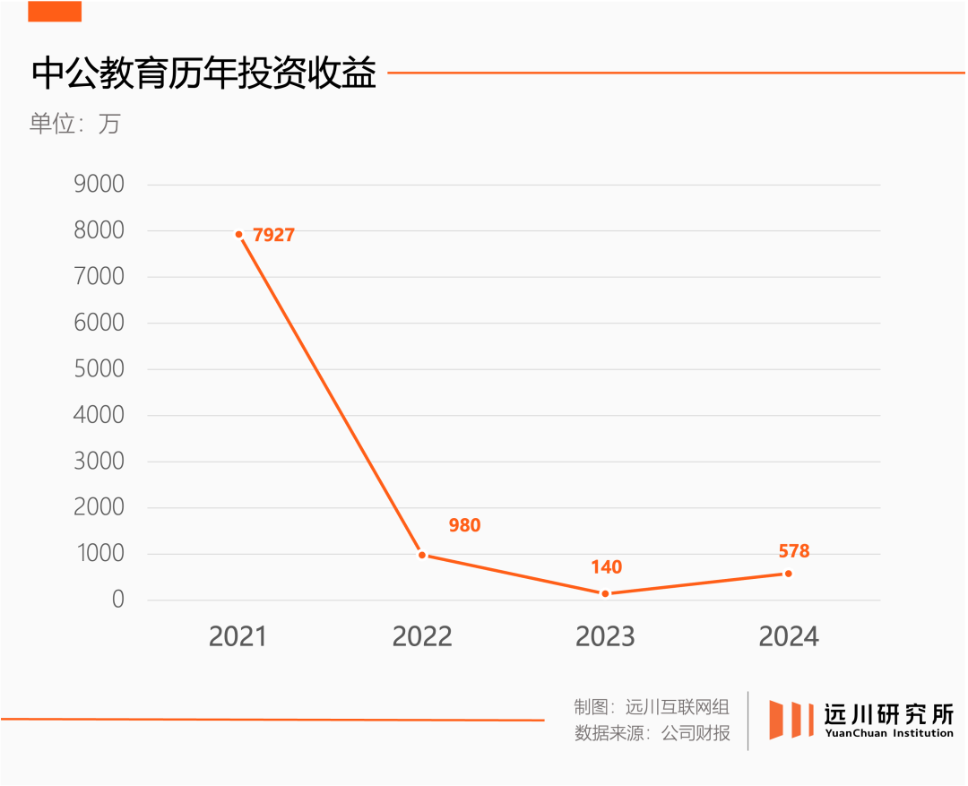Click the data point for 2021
pyautogui.click(x=239, y=235)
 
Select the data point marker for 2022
pyautogui.click(x=422, y=555)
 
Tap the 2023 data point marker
pyautogui.click(x=605, y=593)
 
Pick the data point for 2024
pyautogui.click(x=788, y=574)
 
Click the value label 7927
pyautogui.click(x=273, y=236)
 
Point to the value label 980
pyautogui.click(x=464, y=525)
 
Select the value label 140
pyautogui.click(x=606, y=567)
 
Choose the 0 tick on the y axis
pyautogui.click(x=117, y=600)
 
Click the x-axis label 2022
pyautogui.click(x=422, y=636)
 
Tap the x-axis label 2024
pyautogui.click(x=789, y=636)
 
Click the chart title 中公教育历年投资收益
pyautogui.click(x=203, y=73)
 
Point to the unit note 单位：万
pyautogui.click(x=74, y=124)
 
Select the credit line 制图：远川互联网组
pyautogui.click(x=652, y=706)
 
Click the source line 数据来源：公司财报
pyautogui.click(x=652, y=733)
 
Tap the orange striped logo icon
pyautogui.click(x=791, y=720)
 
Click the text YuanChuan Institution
pyautogui.click(x=889, y=733)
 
